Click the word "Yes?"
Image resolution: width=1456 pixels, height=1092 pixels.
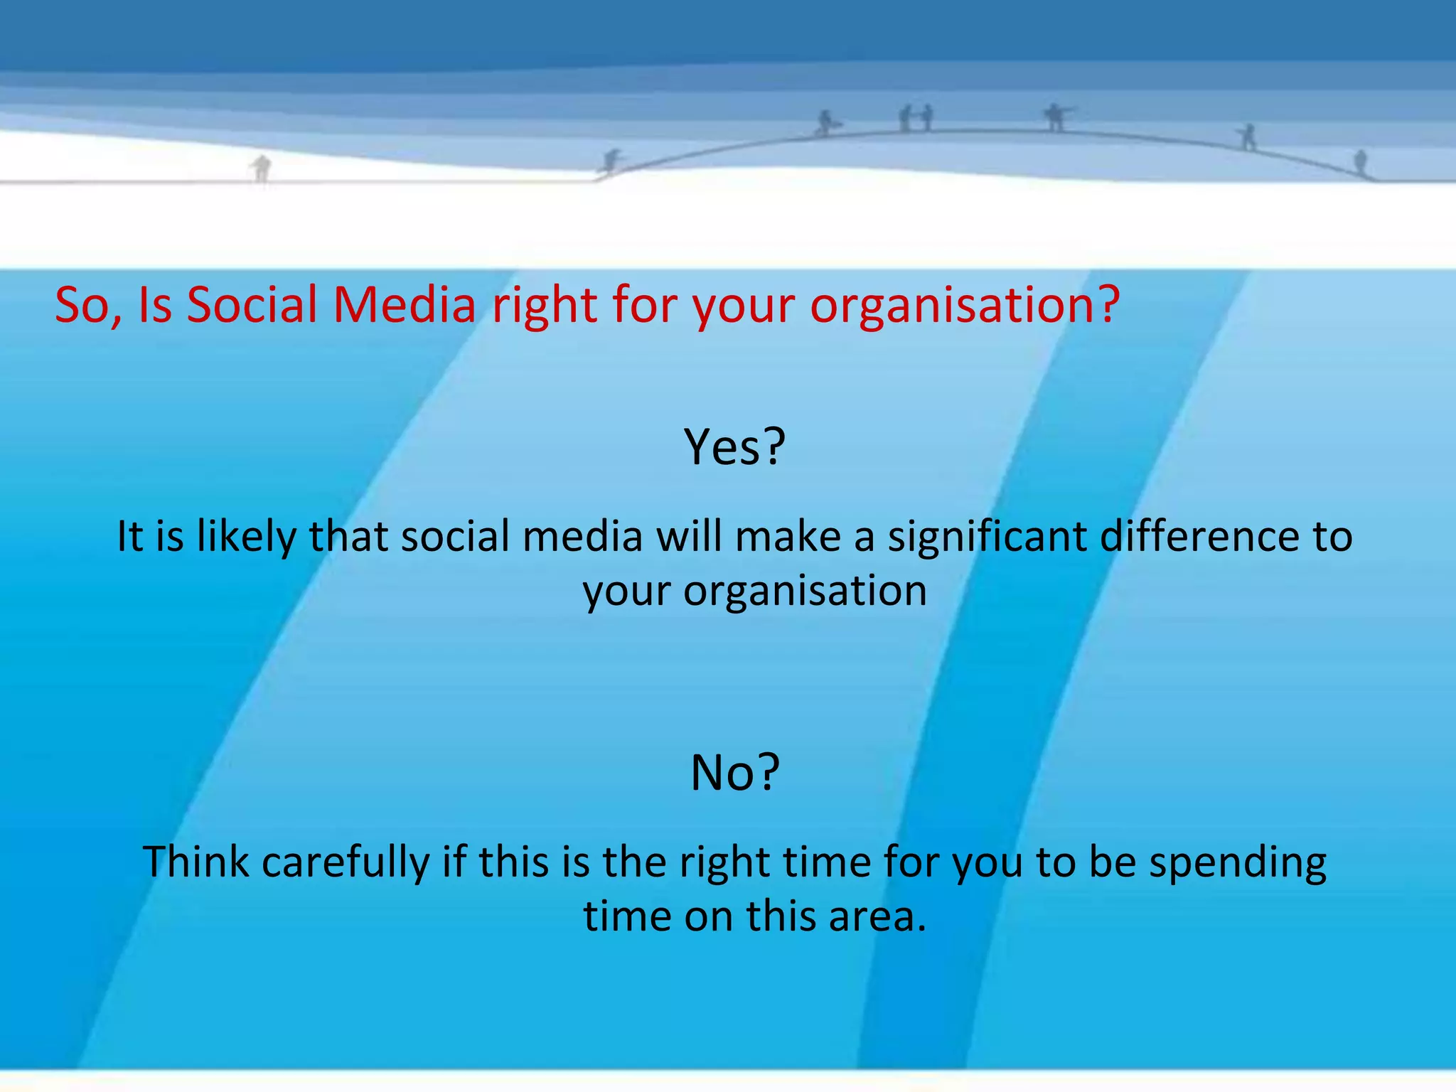coord(734,447)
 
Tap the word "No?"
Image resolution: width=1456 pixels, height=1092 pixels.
coord(735,773)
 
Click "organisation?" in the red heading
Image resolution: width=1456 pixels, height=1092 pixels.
coord(965,306)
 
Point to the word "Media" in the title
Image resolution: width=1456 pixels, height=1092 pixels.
coord(404,305)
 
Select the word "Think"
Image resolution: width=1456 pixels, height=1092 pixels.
coord(196,862)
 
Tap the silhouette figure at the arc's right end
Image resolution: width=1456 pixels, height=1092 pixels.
coord(1360,162)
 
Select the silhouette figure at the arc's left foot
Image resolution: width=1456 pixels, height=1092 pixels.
coord(610,161)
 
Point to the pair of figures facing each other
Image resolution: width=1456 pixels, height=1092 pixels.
coord(916,118)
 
